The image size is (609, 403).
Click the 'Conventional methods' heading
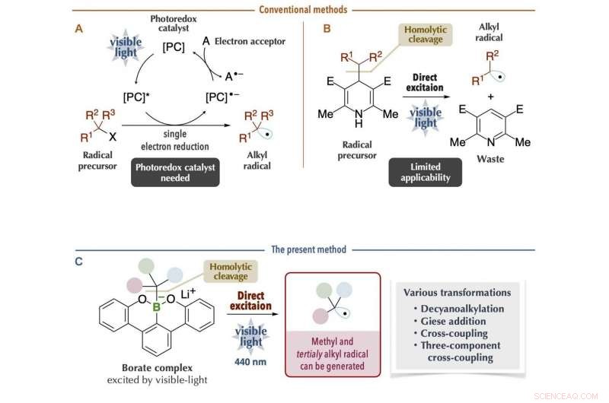tap(303, 10)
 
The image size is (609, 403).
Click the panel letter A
tap(79, 29)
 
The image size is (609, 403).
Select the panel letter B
tap(327, 29)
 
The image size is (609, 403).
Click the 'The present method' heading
tap(303, 249)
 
